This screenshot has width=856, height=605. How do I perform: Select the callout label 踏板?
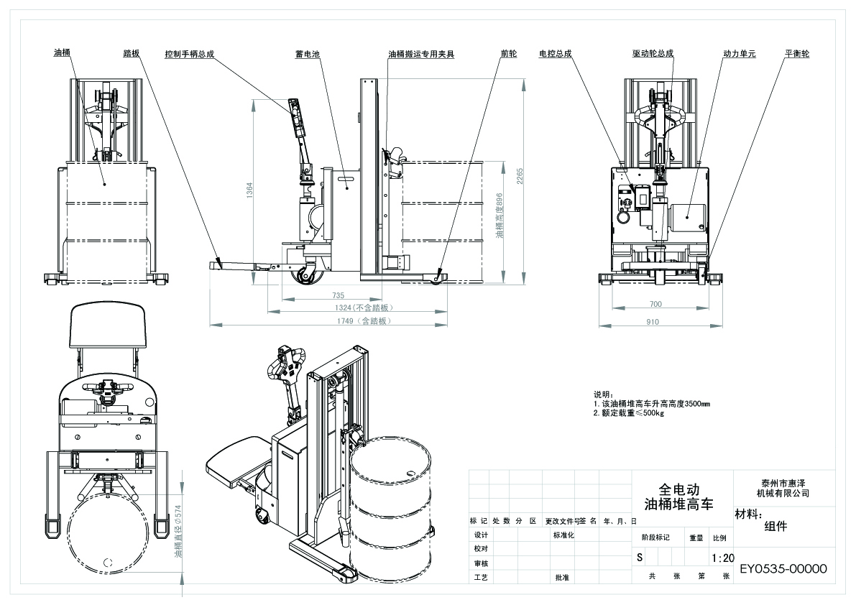click(x=132, y=53)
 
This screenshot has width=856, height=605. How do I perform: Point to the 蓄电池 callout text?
click(x=308, y=54)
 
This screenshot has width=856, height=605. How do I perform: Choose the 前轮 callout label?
click(x=509, y=54)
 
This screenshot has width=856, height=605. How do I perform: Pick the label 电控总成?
click(x=555, y=54)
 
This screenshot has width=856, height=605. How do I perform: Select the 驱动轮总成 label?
click(x=653, y=54)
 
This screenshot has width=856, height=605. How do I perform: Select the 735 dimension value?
click(x=339, y=295)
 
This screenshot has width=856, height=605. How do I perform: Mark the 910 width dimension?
click(x=653, y=322)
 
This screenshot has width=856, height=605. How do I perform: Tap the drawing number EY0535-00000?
click(x=783, y=569)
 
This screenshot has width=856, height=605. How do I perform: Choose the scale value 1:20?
click(x=722, y=558)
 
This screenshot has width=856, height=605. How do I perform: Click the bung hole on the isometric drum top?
click(x=411, y=474)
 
